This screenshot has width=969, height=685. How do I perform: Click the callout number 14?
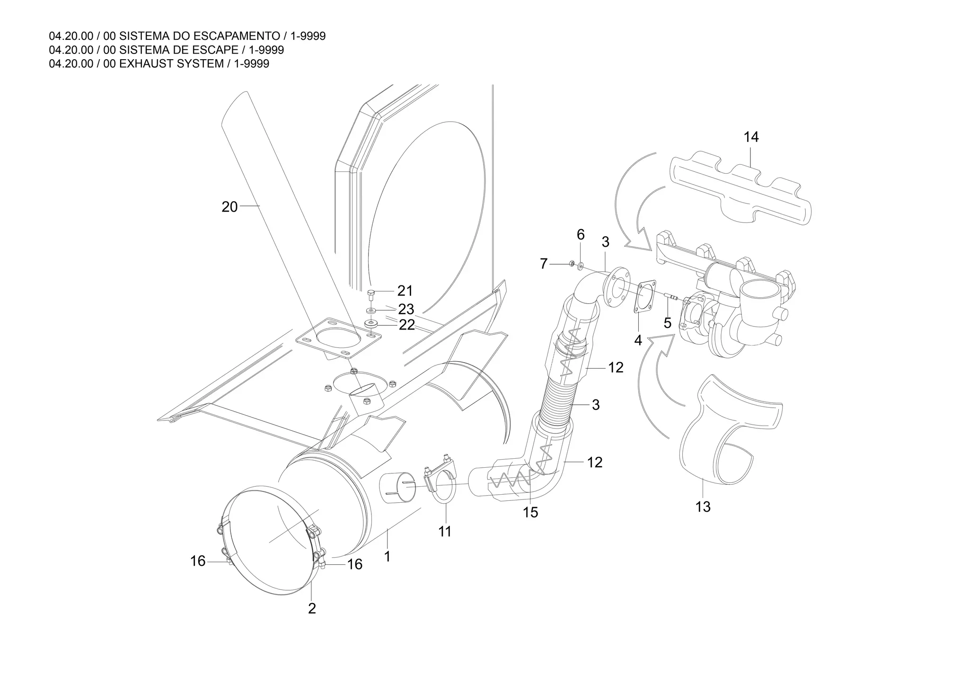751,137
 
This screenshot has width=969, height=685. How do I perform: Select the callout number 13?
703,507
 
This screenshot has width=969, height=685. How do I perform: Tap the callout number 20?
229,207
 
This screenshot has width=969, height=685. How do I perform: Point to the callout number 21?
405,291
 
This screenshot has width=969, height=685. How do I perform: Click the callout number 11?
444,532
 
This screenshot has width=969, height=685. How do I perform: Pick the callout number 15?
530,512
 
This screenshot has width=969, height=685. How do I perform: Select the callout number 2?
312,608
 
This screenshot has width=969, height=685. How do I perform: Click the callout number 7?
544,264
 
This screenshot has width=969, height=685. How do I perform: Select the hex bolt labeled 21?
371,295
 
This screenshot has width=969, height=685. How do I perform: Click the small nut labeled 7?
572,264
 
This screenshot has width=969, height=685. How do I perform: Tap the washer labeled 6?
581,265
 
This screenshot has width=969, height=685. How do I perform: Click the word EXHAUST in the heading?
147,64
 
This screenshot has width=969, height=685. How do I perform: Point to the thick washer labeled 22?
370,325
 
